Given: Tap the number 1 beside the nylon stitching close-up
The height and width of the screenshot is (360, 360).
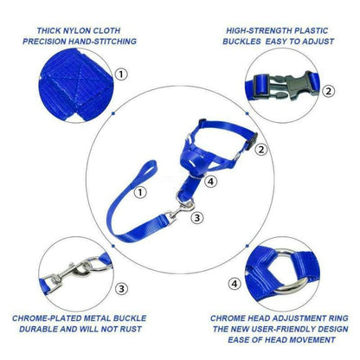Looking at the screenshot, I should click(x=121, y=75).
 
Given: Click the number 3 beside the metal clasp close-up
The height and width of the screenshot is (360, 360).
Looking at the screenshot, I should click(x=121, y=287).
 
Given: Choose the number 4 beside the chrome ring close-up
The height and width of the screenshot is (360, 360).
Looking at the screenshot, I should click(x=235, y=283).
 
